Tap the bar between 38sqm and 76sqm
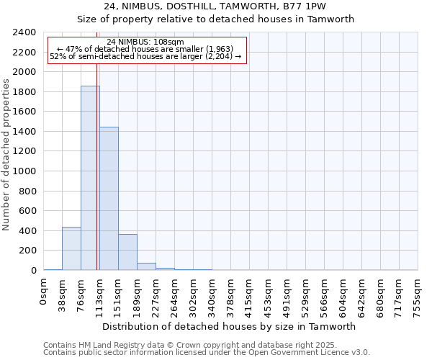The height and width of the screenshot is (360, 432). click(x=71, y=248)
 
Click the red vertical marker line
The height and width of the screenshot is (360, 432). click(x=96, y=158)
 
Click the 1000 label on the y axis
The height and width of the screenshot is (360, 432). click(x=24, y=171)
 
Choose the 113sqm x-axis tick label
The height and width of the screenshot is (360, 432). click(x=100, y=295)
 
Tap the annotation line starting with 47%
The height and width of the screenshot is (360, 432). click(x=146, y=49)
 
